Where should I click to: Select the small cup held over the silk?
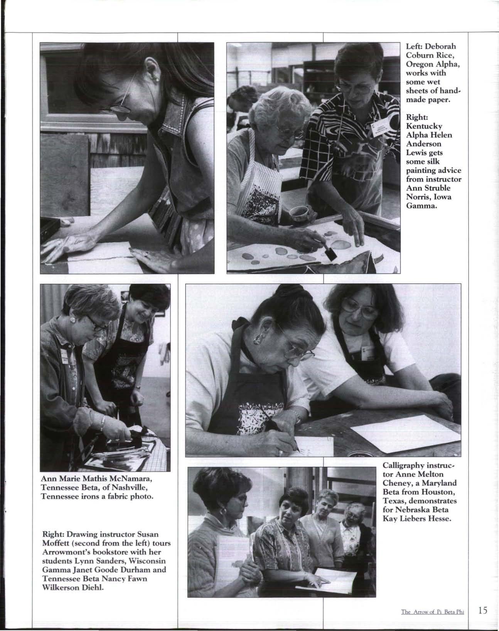point(299,214)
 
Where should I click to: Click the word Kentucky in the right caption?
point(424,126)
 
